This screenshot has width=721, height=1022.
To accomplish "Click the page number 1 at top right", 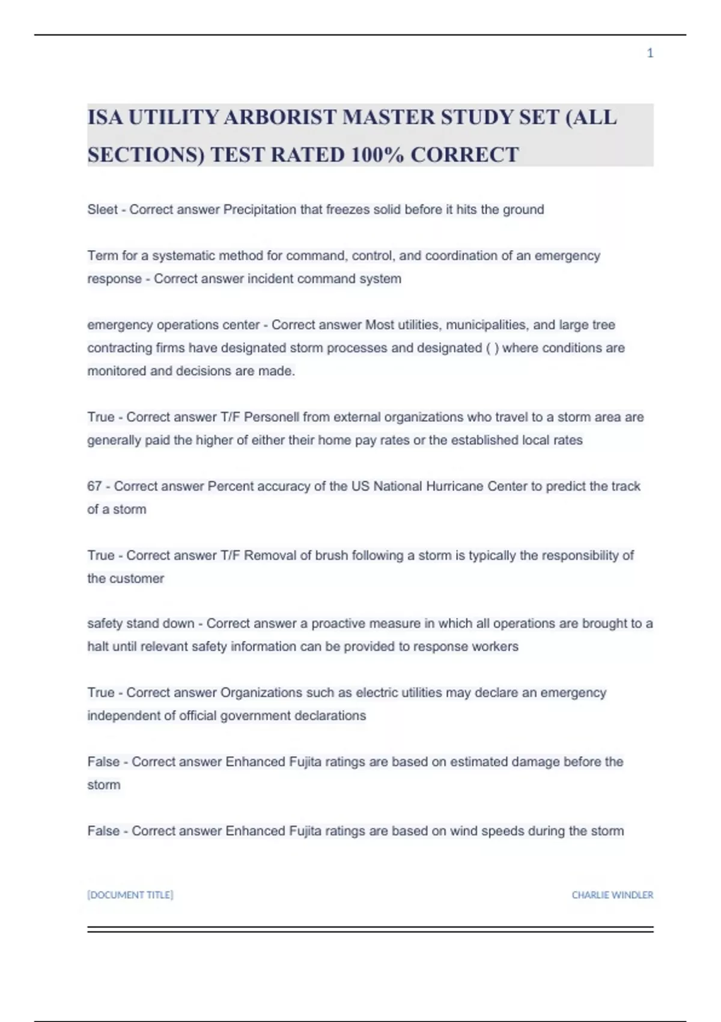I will pyautogui.click(x=650, y=54).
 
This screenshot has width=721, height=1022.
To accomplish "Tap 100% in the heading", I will pyautogui.click(x=377, y=155).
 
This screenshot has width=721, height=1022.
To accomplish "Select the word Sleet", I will pyautogui.click(x=102, y=210).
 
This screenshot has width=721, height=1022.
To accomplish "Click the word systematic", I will pyautogui.click(x=183, y=255).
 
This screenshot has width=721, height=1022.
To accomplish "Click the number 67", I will pyautogui.click(x=94, y=486).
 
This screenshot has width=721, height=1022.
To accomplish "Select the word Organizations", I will pyautogui.click(x=261, y=693).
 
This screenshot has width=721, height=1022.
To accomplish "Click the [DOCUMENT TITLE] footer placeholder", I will pyautogui.click(x=130, y=895).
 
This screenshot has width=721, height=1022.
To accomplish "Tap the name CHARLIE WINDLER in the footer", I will pyautogui.click(x=612, y=895).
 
